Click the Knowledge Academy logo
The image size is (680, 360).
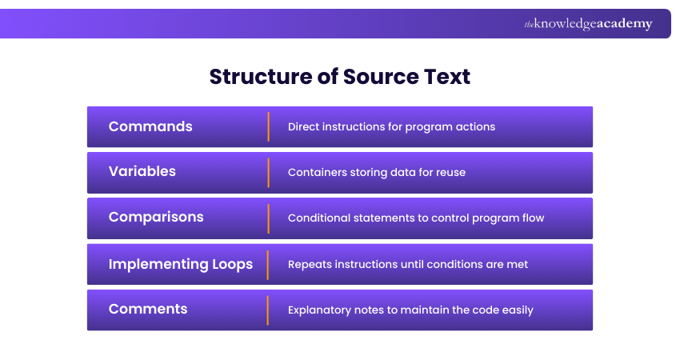point(588,24)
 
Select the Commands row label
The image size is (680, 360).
point(150,126)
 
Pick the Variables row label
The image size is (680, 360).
point(142,172)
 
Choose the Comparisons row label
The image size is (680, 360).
point(156,218)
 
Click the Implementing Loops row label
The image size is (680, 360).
point(181,264)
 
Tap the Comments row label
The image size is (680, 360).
point(148,310)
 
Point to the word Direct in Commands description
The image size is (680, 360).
point(304,126)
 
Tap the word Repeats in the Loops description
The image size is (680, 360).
point(310,264)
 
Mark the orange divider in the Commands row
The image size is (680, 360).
point(268,126)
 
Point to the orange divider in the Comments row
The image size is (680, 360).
point(268,310)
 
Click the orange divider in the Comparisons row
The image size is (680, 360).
point(268,218)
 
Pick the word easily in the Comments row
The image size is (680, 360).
point(516,310)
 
